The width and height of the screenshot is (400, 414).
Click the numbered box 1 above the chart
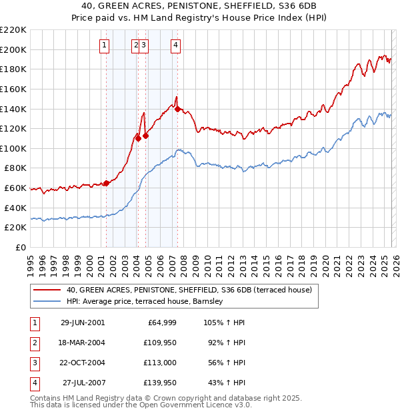click(x=105, y=45)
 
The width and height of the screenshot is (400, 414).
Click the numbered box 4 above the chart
click(x=175, y=45)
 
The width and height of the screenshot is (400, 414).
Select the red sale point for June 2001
click(x=106, y=183)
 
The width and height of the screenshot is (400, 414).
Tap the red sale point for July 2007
click(x=178, y=110)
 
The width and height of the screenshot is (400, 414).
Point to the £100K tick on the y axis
click(x=14, y=148)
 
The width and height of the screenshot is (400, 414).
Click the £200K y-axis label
click(x=14, y=49)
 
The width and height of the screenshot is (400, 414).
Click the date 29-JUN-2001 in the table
click(x=83, y=323)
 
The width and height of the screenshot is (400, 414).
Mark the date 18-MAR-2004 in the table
click(x=83, y=343)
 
